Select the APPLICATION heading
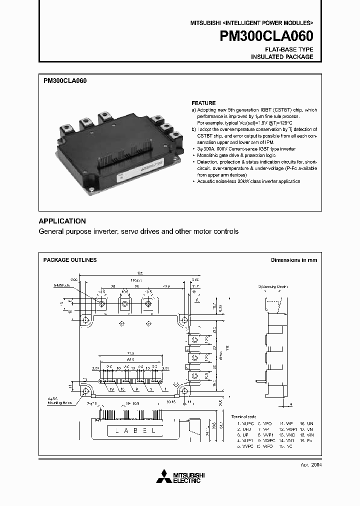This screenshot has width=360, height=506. click(x=62, y=221)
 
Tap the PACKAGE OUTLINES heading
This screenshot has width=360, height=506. click(x=70, y=260)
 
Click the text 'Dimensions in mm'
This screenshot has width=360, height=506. click(x=294, y=260)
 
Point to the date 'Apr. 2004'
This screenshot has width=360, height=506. click(x=310, y=464)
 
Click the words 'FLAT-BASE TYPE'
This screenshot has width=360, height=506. click(x=289, y=49)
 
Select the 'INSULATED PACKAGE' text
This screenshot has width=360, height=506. click(x=282, y=57)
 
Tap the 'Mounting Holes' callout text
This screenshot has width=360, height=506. click(x=59, y=402)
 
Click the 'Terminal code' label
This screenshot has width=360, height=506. click(x=243, y=416)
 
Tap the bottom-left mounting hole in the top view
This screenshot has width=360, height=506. click(x=85, y=389)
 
